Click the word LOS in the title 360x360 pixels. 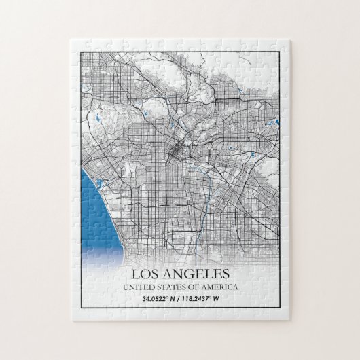149,275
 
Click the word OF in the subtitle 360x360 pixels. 195,287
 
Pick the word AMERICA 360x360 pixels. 222,287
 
